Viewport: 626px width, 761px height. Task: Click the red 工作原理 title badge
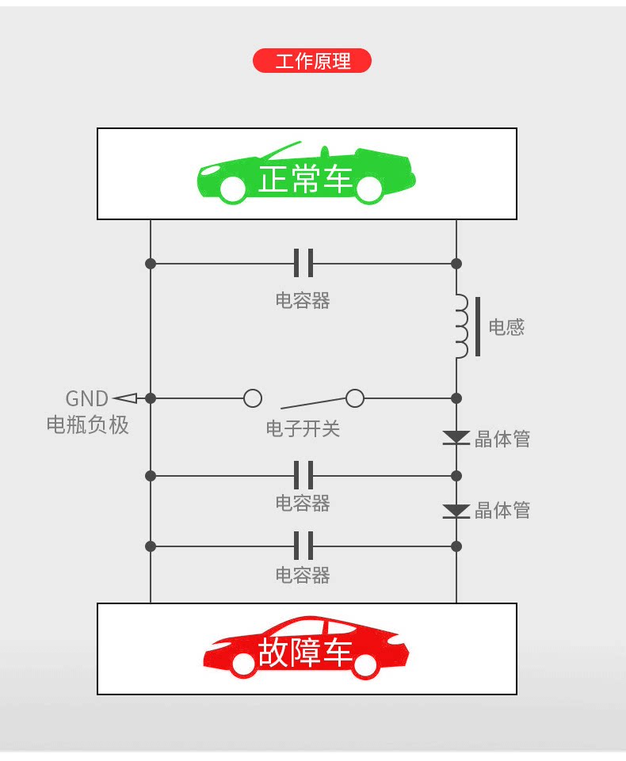tap(311, 61)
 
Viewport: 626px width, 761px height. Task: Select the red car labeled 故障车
tap(306, 649)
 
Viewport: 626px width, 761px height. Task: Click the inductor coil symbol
tap(460, 327)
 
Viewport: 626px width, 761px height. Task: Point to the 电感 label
tap(506, 328)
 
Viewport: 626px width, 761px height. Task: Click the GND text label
tap(86, 398)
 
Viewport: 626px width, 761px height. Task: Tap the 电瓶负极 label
tap(87, 425)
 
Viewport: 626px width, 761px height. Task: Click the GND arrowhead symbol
tap(124, 398)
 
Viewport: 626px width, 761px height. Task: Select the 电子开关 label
tap(303, 429)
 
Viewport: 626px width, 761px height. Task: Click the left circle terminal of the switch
tap(253, 398)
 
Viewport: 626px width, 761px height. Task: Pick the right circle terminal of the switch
tap(355, 398)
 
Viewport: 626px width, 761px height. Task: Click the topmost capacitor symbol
tap(303, 263)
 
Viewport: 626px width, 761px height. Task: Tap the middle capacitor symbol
tap(303, 475)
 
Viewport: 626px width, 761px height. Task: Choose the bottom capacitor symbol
tap(303, 546)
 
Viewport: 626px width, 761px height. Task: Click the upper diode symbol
tap(456, 437)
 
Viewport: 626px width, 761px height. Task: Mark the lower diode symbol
tap(456, 511)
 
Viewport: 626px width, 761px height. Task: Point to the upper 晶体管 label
tap(502, 439)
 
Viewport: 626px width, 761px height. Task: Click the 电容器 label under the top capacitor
tap(303, 300)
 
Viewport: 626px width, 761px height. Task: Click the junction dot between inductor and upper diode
tap(456, 398)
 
